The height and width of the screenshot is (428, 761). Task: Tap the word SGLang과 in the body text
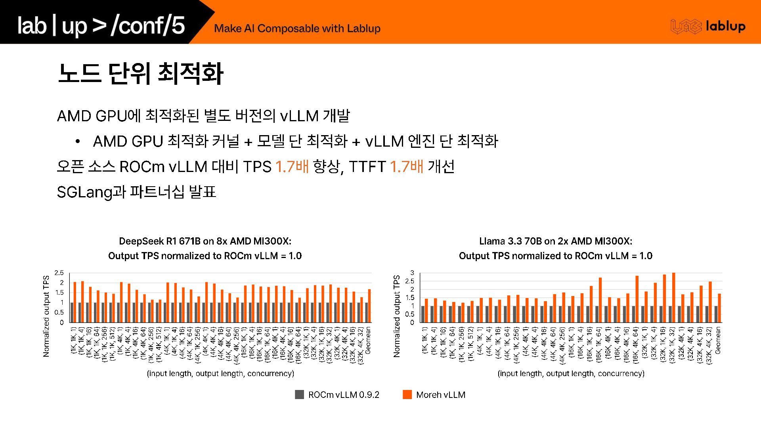[91, 192]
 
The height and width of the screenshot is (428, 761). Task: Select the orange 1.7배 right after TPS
[292, 166]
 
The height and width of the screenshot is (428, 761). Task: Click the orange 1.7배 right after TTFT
[407, 166]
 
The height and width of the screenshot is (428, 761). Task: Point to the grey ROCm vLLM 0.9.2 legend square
[300, 394]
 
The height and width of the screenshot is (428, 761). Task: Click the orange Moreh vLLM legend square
[407, 394]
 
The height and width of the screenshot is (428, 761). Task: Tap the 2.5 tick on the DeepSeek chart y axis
[59, 273]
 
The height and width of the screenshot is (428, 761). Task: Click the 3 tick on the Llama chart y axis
[412, 273]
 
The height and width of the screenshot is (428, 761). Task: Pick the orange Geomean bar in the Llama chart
[719, 308]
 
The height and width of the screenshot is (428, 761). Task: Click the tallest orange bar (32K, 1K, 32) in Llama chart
[674, 297]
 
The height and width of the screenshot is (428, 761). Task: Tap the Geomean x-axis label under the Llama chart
[718, 340]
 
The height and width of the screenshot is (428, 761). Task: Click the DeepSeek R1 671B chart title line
[205, 241]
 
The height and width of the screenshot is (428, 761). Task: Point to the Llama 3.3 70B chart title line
[556, 241]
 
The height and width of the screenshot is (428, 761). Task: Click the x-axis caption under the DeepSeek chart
[220, 373]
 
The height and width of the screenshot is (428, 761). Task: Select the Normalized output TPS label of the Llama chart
[397, 316]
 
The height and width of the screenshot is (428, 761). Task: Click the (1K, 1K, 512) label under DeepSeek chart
[113, 344]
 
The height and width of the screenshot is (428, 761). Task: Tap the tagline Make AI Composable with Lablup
[297, 29]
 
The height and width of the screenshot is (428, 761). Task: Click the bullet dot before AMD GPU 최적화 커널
[78, 141]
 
